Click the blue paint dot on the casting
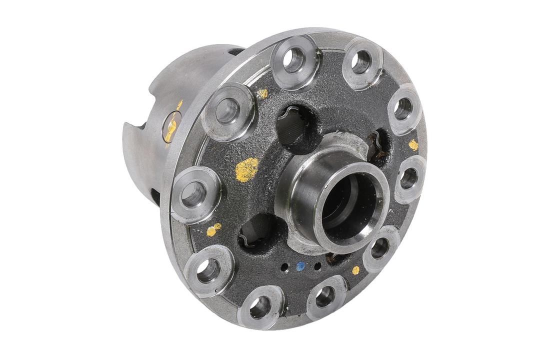pyautogui.click(x=300, y=266)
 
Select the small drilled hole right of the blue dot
pyautogui.click(x=317, y=265)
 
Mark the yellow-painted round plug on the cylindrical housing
pyautogui.click(x=172, y=126)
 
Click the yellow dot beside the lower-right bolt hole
pyautogui.click(x=355, y=270)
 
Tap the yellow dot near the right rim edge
pyautogui.click(x=413, y=145)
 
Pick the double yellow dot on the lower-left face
pyautogui.click(x=213, y=229)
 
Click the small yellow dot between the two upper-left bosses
pyautogui.click(x=262, y=93)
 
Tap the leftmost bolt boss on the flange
pyautogui.click(x=195, y=193)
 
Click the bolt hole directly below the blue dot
pyautogui.click(x=325, y=297)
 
